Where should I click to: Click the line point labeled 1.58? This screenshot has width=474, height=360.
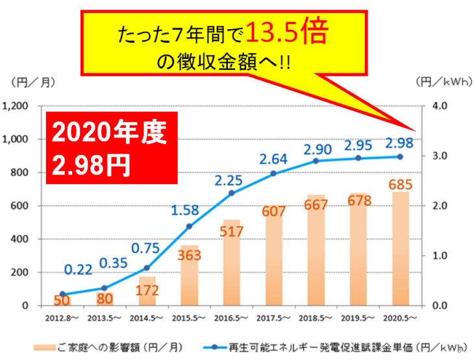coord(189,226)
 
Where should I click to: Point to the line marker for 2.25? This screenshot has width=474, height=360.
coord(232,193)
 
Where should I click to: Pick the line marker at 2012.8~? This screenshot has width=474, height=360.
coord(63,294)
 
